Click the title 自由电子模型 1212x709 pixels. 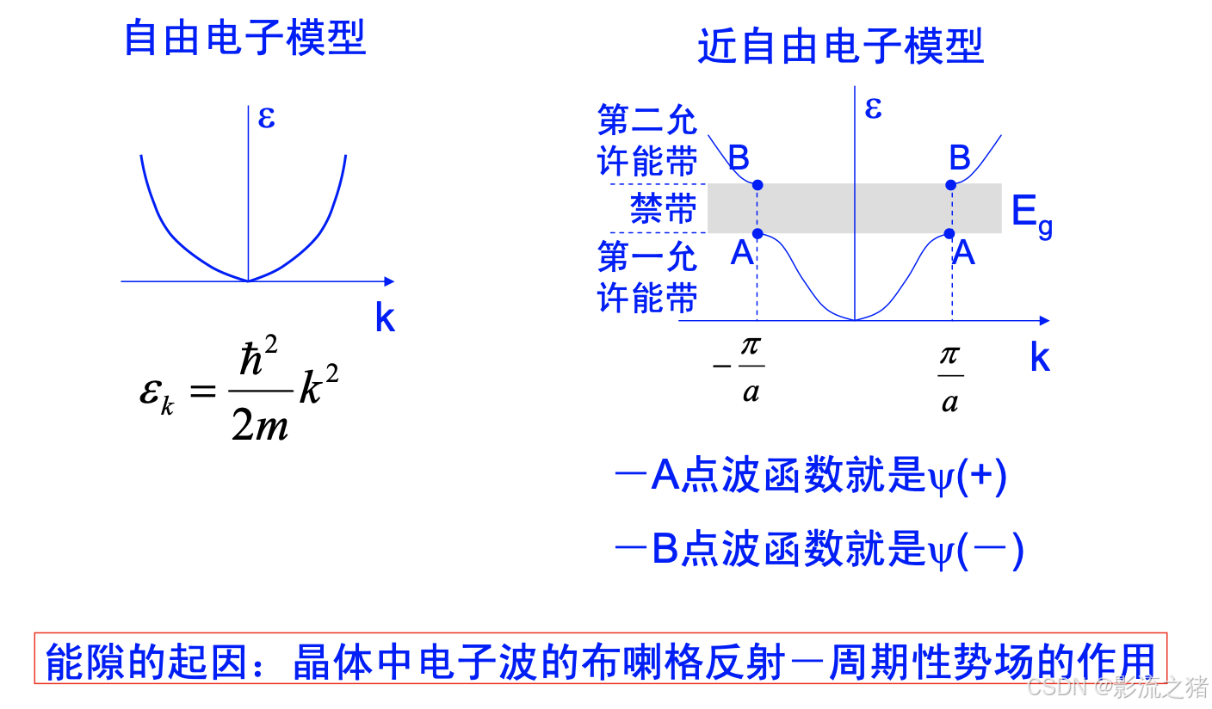click(x=245, y=39)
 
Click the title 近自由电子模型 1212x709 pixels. click(x=840, y=46)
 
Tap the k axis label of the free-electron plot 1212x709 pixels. click(x=385, y=319)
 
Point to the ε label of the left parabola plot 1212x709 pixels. click(x=266, y=117)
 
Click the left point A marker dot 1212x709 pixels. click(x=757, y=233)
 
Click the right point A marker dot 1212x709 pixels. click(x=950, y=233)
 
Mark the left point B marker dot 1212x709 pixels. click(x=757, y=185)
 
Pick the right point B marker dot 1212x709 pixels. click(x=951, y=185)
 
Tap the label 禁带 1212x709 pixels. click(x=663, y=209)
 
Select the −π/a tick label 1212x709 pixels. click(x=739, y=368)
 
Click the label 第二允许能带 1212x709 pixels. click(x=647, y=141)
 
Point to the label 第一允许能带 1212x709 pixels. click(x=647, y=277)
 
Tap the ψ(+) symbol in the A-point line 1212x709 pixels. click(x=968, y=478)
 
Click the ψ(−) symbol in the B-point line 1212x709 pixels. click(x=976, y=551)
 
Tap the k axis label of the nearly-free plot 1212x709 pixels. click(x=1040, y=358)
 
